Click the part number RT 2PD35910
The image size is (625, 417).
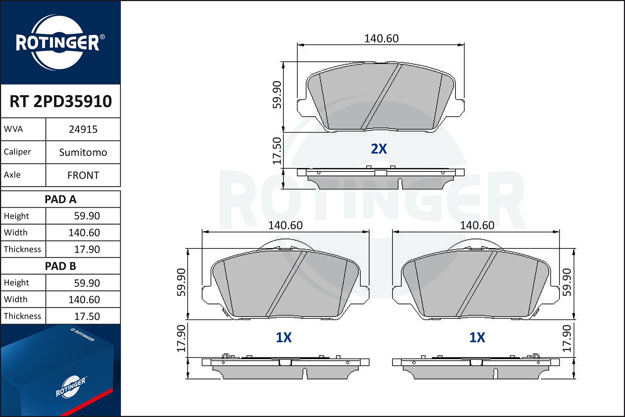coord(60,101)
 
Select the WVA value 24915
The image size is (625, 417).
coord(83,129)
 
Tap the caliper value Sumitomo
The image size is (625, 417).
coord(83,152)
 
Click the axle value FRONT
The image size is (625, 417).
coord(83,175)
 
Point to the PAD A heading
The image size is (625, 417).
coord(60,199)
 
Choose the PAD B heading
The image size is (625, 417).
coord(60,266)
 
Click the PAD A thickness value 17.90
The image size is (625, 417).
coord(87,249)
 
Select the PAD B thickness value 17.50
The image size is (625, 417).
coord(87,317)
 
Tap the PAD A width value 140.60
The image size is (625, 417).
coord(84,233)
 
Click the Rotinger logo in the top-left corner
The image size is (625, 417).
coord(57,43)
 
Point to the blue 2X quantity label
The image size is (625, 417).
coord(379,149)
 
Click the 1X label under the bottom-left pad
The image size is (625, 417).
coord(283,337)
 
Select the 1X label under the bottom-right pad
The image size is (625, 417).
coord(477,337)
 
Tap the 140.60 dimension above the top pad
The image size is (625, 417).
coord(381,38)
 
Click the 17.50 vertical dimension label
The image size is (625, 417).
coord(277,151)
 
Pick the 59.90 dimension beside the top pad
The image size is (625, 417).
coord(277,95)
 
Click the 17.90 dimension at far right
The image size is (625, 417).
coord(567,339)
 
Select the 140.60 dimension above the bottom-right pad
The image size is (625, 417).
coord(477,225)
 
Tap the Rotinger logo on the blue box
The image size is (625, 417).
coord(71,387)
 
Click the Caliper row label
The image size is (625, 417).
coord(17,152)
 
